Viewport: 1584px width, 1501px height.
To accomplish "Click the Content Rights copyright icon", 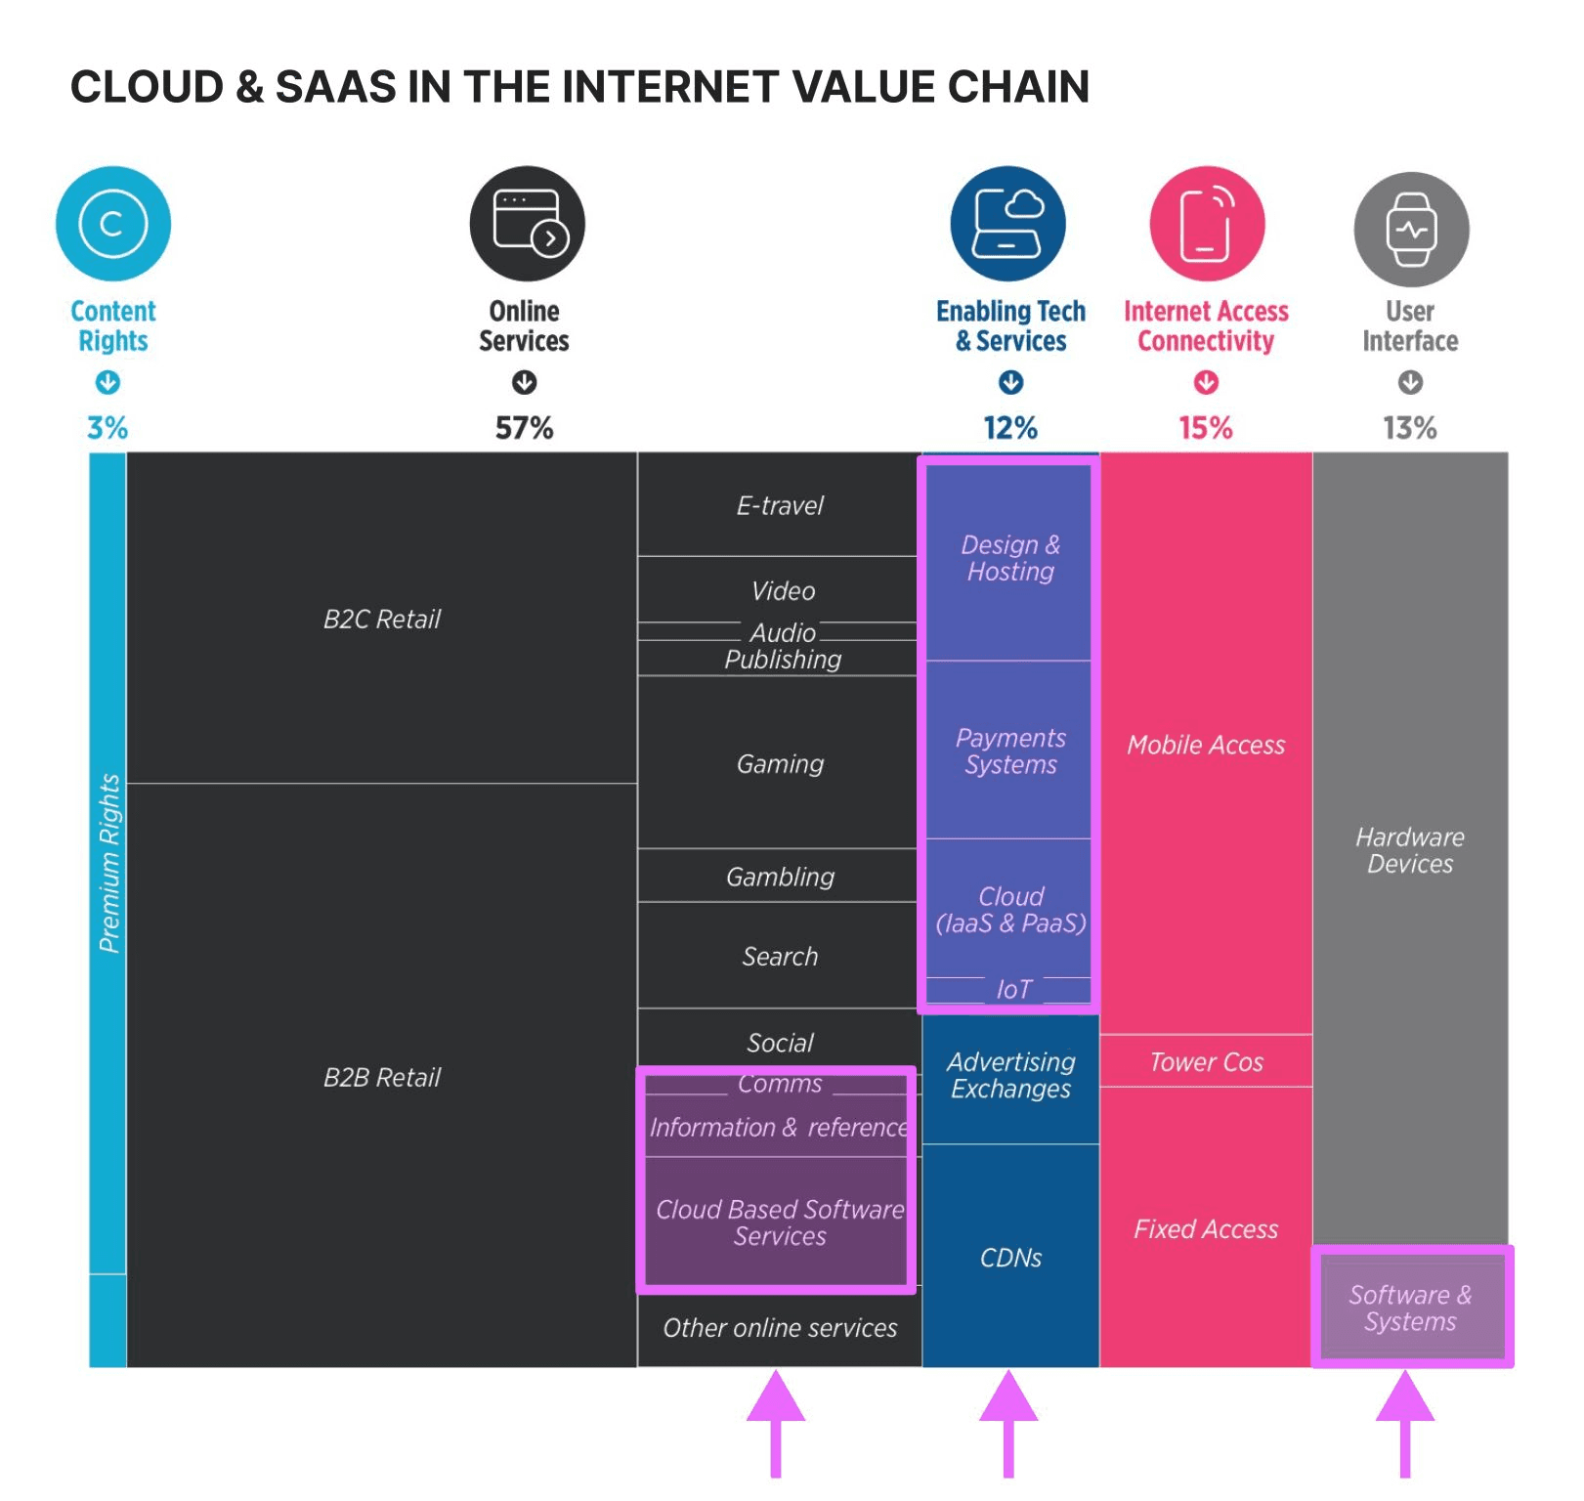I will click(113, 224).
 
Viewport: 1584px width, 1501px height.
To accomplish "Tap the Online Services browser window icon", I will click(528, 224).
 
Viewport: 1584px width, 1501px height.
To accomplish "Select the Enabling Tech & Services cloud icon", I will click(1008, 224).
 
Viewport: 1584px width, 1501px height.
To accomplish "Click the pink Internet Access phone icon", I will click(1207, 224).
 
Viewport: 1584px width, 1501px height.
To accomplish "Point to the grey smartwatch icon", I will click(1411, 230).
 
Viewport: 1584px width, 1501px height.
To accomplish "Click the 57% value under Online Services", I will click(524, 428).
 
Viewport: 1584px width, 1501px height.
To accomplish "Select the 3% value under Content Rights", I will click(107, 428).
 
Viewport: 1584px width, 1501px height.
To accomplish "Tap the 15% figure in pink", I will click(1206, 428).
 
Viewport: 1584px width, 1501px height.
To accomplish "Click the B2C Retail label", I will click(382, 620).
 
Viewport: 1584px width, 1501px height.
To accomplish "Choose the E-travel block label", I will click(780, 505).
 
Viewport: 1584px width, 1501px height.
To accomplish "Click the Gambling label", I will click(780, 877).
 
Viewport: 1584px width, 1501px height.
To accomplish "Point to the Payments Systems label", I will click(1010, 750).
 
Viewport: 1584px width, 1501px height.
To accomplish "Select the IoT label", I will click(1013, 990).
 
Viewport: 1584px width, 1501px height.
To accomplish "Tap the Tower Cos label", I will click(1206, 1062).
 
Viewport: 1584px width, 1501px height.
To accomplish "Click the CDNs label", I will click(1010, 1258).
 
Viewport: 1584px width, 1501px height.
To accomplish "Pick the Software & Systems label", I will click(1410, 1308).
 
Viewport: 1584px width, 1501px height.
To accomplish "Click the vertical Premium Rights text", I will click(108, 864).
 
